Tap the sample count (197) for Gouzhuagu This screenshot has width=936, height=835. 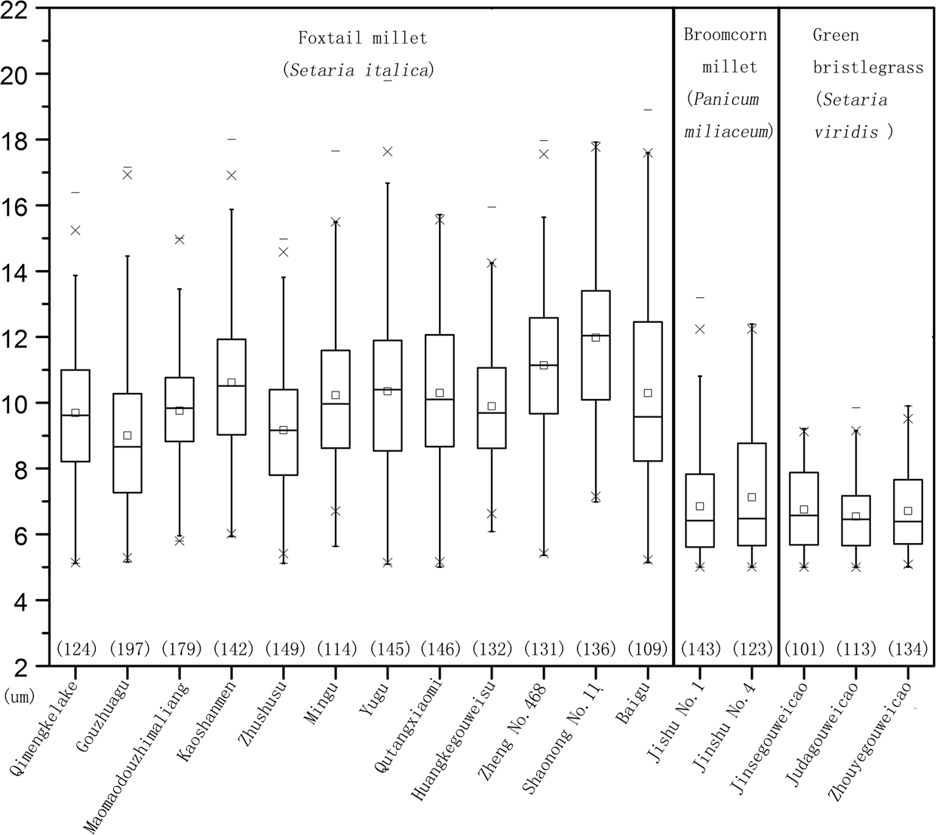[129, 649]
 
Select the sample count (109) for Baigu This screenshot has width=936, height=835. [647, 649]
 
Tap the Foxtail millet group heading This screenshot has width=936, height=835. [362, 38]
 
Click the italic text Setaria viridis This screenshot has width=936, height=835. [851, 115]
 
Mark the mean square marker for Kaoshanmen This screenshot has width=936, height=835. [232, 382]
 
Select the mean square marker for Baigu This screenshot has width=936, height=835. [647, 393]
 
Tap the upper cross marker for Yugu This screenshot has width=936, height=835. [388, 152]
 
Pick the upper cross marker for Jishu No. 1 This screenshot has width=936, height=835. [700, 329]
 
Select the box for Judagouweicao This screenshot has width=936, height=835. [855, 520]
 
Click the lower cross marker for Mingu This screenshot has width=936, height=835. [336, 511]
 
